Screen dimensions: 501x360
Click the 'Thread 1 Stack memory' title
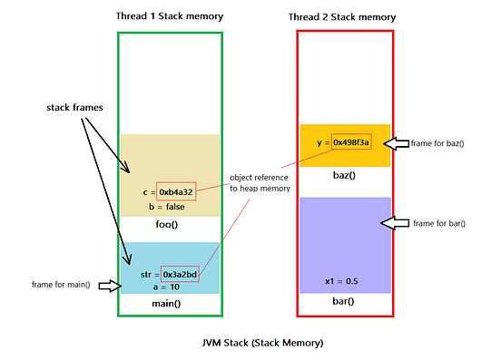pyautogui.click(x=170, y=16)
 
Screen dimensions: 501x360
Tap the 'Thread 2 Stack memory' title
pyautogui.click(x=342, y=17)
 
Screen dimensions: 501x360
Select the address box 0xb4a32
pyautogui.click(x=176, y=191)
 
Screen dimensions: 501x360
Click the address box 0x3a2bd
pyautogui.click(x=180, y=274)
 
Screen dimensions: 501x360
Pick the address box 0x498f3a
pyautogui.click(x=351, y=142)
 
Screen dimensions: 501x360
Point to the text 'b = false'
pyautogui.click(x=166, y=207)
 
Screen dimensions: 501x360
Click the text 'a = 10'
pyautogui.click(x=166, y=287)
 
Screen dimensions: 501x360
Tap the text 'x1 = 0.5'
pyautogui.click(x=341, y=281)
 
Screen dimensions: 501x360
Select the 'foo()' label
pyautogui.click(x=166, y=224)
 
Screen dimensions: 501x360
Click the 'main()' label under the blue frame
pyautogui.click(x=166, y=303)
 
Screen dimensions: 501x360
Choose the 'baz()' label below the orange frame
pyautogui.click(x=344, y=175)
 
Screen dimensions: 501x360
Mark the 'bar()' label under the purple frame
pyautogui.click(x=343, y=301)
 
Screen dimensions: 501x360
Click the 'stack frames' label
pyautogui.click(x=74, y=108)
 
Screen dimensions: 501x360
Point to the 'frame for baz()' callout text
pyautogui.click(x=437, y=143)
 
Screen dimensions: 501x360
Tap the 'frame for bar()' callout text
pyautogui.click(x=439, y=223)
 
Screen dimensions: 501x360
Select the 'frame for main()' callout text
pyautogui.click(x=61, y=285)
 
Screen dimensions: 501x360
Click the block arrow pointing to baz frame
pyautogui.click(x=397, y=143)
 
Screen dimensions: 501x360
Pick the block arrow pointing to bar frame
pyautogui.click(x=395, y=223)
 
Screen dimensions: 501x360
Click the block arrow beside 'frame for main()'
pyautogui.click(x=110, y=286)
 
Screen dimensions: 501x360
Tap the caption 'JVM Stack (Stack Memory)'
pyautogui.click(x=262, y=343)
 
